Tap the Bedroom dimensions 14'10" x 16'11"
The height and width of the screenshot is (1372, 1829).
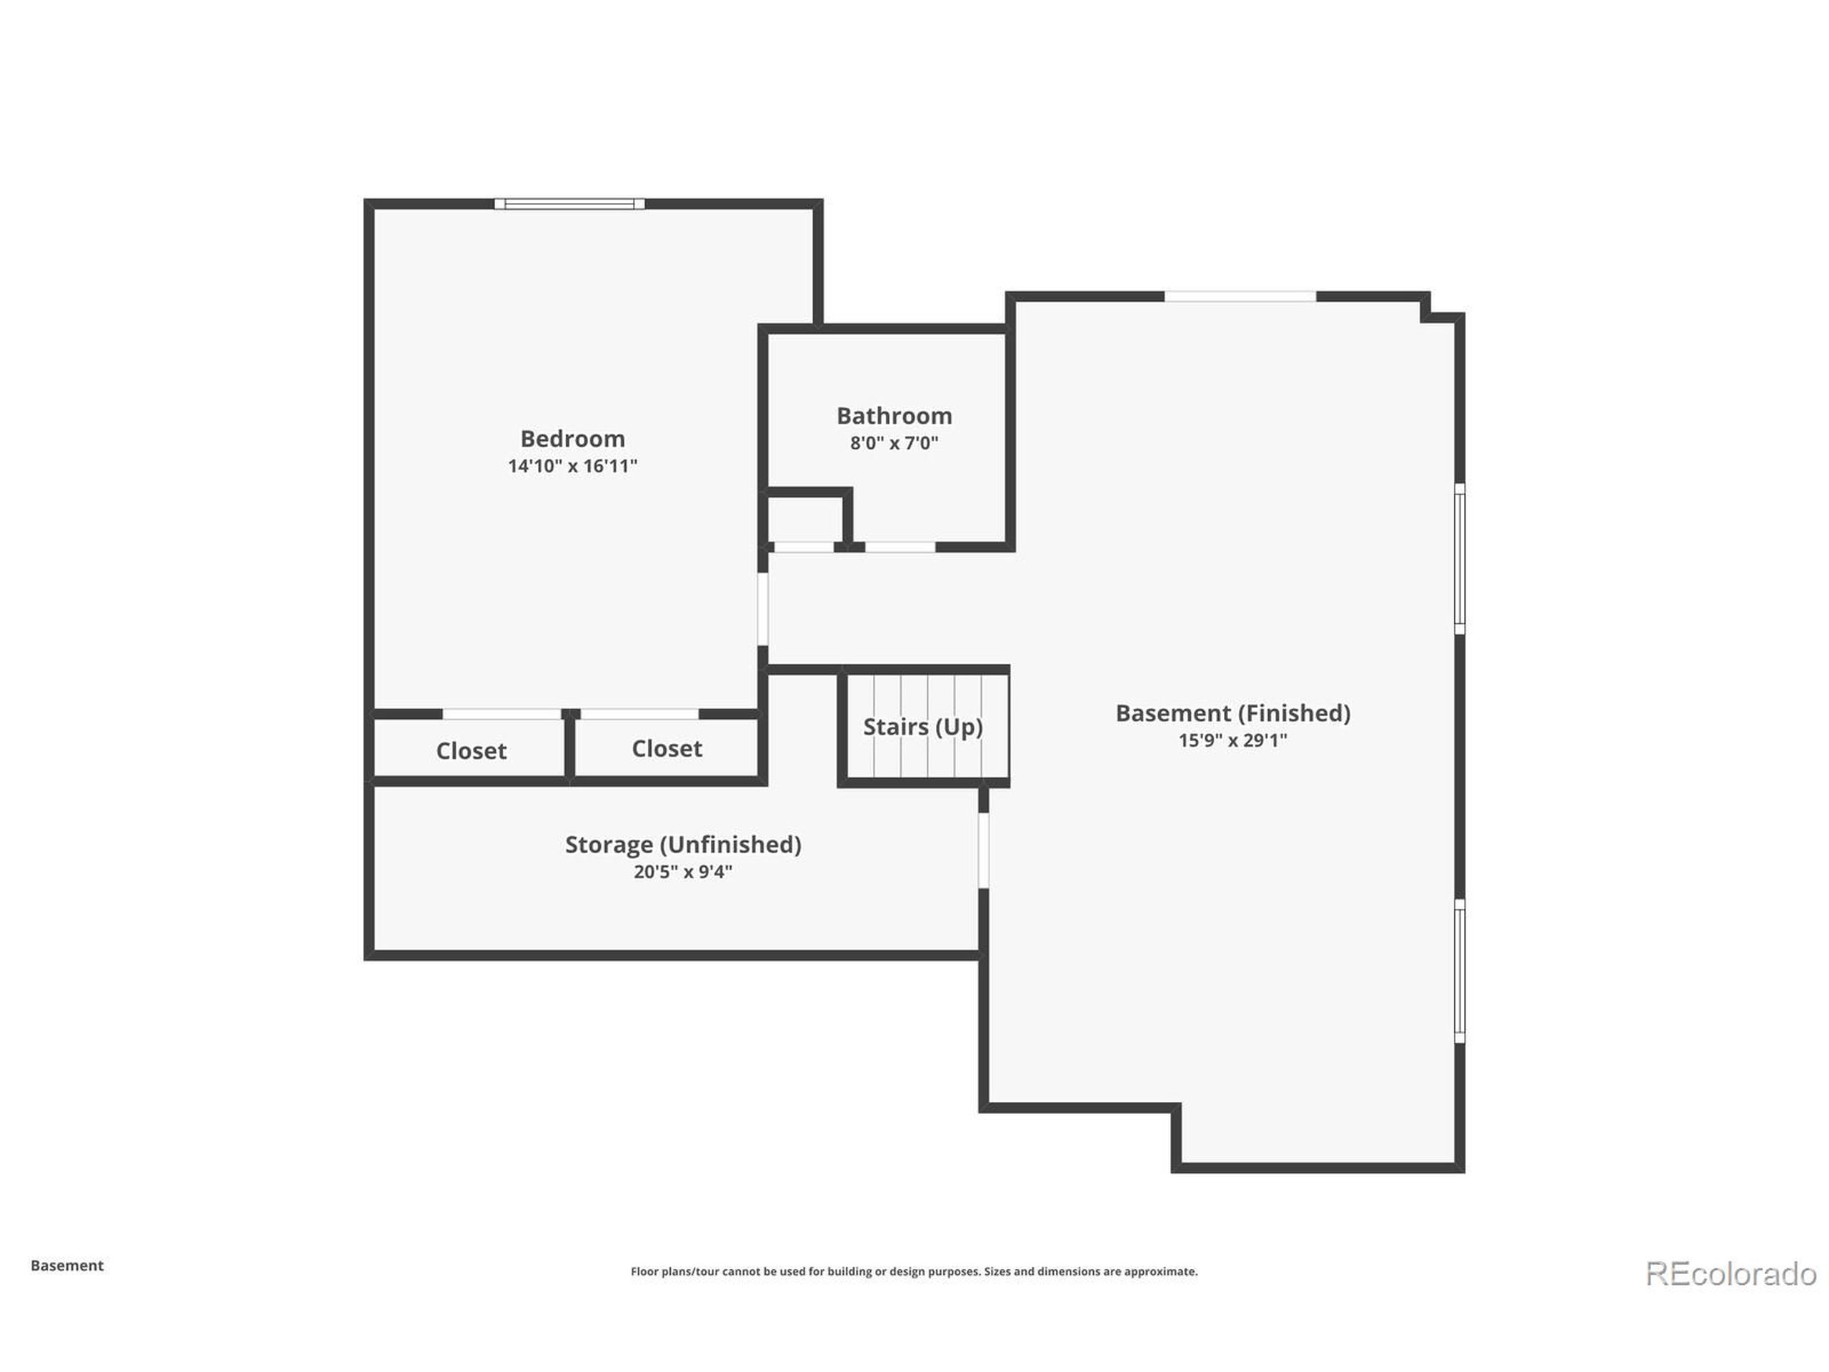click(572, 466)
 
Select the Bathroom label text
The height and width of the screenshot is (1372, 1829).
click(894, 415)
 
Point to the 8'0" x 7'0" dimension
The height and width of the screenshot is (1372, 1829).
click(894, 442)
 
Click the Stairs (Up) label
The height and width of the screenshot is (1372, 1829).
click(923, 726)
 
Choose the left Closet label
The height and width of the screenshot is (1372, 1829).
click(471, 750)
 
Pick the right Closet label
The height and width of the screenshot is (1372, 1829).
click(667, 747)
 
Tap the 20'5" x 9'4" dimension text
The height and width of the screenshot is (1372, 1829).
click(683, 871)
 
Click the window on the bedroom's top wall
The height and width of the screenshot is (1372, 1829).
click(569, 204)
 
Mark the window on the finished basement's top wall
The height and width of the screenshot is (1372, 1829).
click(1240, 296)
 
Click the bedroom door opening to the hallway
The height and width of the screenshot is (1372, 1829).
click(762, 609)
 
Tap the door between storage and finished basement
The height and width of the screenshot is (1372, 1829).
click(983, 850)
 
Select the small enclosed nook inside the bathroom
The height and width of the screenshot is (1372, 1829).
click(805, 520)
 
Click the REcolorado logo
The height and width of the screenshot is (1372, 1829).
click(1730, 1273)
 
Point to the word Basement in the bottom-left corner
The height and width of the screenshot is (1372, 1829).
click(67, 1266)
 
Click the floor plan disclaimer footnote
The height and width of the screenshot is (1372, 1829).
click(914, 1271)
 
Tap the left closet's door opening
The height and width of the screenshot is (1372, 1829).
click(502, 714)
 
